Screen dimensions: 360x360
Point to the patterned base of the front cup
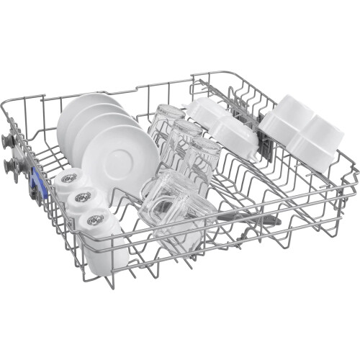pyautogui.click(x=94, y=215)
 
